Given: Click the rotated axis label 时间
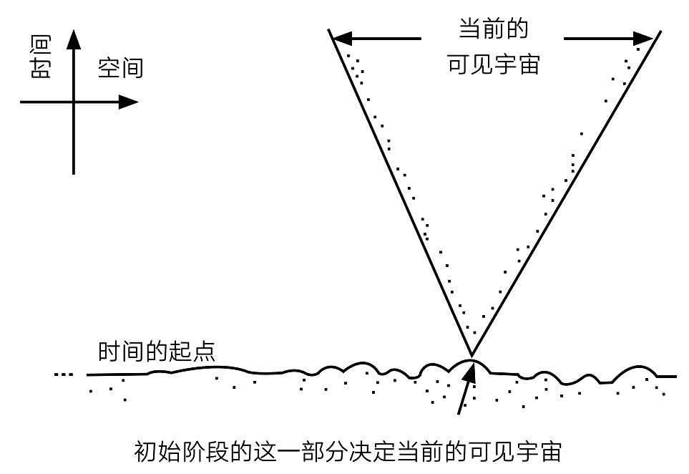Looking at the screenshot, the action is tap(41, 57).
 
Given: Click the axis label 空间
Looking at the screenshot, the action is tap(120, 68).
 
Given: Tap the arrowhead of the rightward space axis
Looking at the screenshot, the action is tap(129, 102).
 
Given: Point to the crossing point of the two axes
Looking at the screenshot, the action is tap(74, 102).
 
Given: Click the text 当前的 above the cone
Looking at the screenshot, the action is tap(493, 29).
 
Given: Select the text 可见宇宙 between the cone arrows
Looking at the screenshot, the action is tap(493, 64).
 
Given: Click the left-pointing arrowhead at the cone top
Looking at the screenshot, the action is tap(343, 38).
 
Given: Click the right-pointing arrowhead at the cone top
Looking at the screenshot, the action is tap(643, 38).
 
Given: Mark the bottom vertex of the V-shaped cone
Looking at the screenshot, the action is tap(471, 355).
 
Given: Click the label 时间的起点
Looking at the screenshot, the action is tap(157, 352).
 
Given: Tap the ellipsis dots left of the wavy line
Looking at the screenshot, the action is tap(63, 374).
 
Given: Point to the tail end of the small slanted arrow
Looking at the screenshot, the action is tap(459, 413).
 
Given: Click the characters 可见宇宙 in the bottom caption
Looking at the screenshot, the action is tap(515, 452).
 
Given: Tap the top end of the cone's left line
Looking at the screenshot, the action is tap(328, 29).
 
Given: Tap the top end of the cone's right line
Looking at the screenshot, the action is tap(660, 32).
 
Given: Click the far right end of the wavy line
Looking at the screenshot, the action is tap(676, 377).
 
